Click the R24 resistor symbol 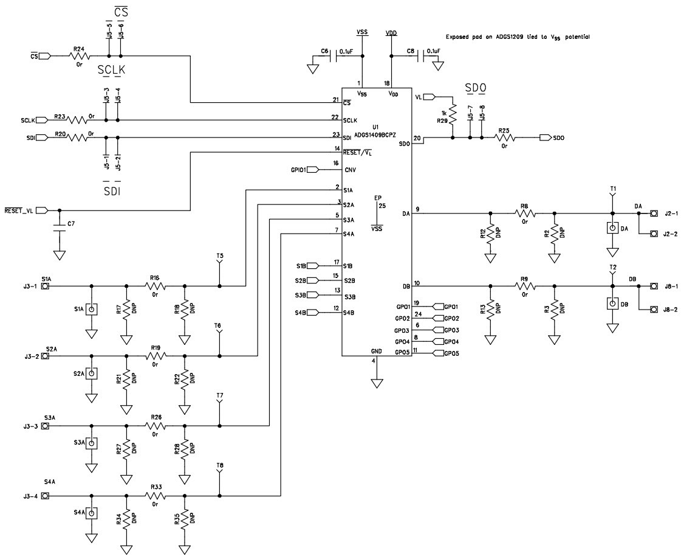[79, 56]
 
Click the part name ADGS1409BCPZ [375, 136]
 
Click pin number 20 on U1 [417, 138]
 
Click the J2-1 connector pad [654, 214]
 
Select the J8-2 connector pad [654, 310]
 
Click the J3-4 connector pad [45, 496]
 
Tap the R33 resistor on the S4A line [155, 496]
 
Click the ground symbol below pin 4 [376, 383]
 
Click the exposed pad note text [518, 37]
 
